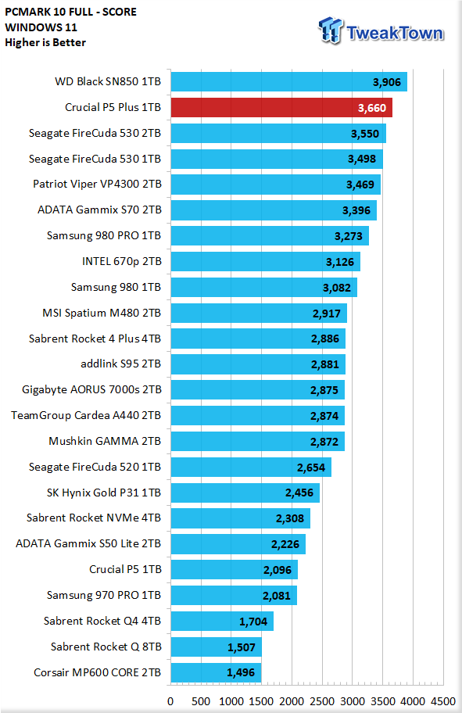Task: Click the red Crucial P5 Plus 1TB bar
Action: tap(281, 108)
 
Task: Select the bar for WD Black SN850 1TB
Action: tap(288, 82)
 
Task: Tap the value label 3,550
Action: tap(365, 134)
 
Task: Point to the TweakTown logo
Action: tap(381, 31)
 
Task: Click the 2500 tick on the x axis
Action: tap(322, 701)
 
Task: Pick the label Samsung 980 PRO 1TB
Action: tap(104, 235)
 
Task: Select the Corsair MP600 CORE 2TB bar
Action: tap(216, 672)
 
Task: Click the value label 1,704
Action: tap(253, 622)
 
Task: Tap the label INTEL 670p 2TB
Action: tap(121, 261)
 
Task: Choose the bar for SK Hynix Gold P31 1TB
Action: tap(245, 493)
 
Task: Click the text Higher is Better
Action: tap(45, 42)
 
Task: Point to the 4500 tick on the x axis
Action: tap(443, 701)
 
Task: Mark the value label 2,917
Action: tap(327, 314)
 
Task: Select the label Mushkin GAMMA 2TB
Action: tap(105, 441)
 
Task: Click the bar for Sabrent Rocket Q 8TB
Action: tap(217, 647)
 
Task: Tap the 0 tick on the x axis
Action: tap(170, 701)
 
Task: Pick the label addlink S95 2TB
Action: tap(120, 364)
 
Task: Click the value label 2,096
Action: tap(277, 570)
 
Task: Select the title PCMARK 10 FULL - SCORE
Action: tap(71, 12)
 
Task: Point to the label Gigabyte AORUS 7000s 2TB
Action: tap(92, 389)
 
